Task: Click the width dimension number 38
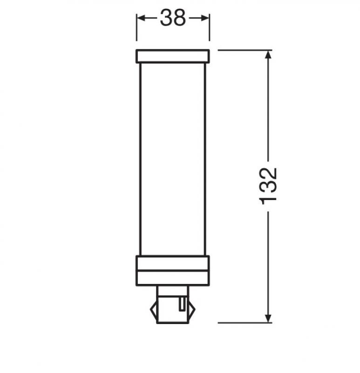(173, 18)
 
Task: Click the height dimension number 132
(269, 185)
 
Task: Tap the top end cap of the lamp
(173, 56)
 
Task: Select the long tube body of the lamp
(173, 159)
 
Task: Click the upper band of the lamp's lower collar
(173, 262)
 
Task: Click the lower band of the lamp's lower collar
(173, 277)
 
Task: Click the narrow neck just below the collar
(173, 290)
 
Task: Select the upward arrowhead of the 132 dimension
(268, 55)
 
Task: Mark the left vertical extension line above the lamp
(136, 33)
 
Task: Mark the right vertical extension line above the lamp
(210, 33)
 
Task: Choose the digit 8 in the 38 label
(180, 18)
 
